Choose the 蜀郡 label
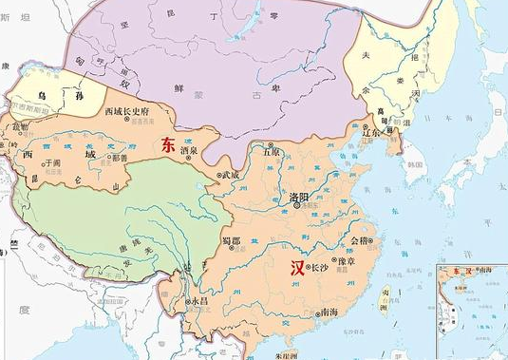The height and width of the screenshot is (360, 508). [x=232, y=241]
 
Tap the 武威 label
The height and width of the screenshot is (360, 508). [x=231, y=174]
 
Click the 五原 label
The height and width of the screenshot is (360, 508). [x=272, y=152]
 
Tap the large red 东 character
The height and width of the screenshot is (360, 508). [x=168, y=145]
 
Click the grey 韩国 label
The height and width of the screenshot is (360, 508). [x=414, y=163]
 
